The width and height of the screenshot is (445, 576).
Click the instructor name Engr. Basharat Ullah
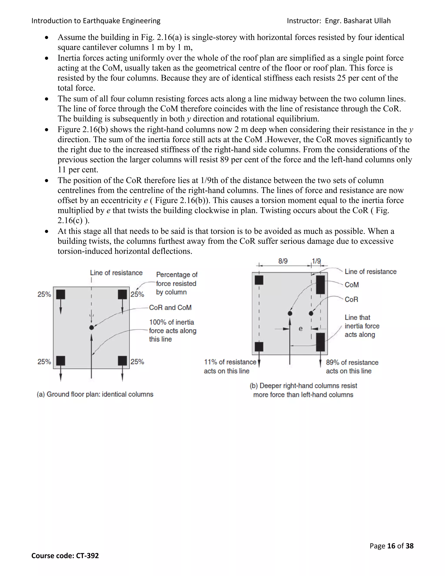click(x=357, y=21)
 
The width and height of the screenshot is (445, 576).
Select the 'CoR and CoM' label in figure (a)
click(x=170, y=308)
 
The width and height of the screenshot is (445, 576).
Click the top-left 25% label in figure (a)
click(x=44, y=294)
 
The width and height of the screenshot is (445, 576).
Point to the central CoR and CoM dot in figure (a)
click(x=91, y=327)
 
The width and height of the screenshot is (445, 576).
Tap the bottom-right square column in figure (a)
click(x=122, y=361)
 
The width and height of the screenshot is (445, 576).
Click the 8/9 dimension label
click(x=283, y=261)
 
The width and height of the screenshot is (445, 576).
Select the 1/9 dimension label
click(x=316, y=261)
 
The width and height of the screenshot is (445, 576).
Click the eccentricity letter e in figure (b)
click(x=301, y=329)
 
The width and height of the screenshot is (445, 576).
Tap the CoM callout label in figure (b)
click(x=352, y=285)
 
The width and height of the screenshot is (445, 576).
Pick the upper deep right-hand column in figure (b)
click(x=320, y=285)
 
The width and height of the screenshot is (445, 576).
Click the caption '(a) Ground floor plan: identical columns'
click(x=95, y=394)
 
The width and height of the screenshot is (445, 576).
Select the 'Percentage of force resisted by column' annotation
click(x=176, y=283)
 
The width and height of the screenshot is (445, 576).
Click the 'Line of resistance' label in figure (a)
click(x=116, y=273)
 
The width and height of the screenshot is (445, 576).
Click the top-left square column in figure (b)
click(x=259, y=280)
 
